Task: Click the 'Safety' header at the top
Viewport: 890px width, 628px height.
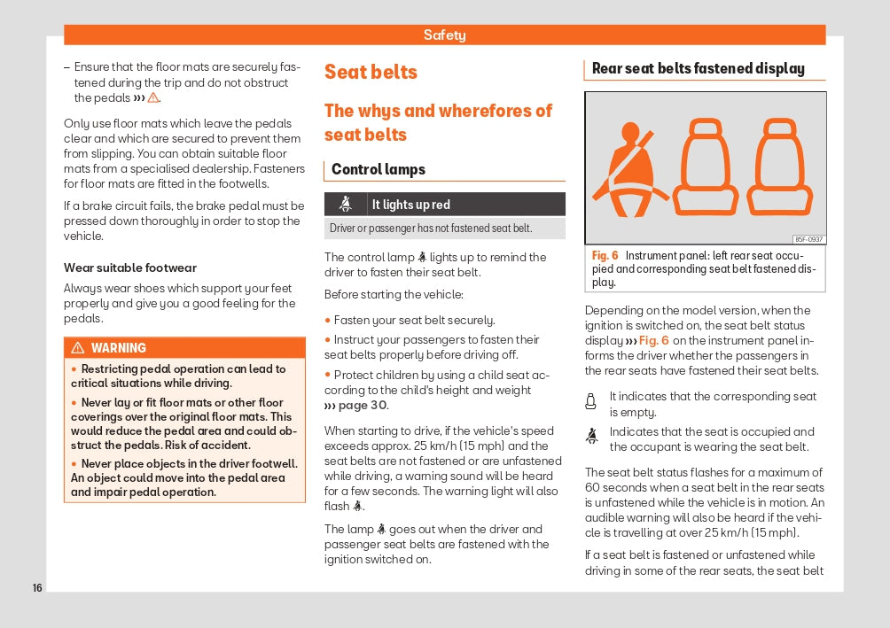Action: [444, 35]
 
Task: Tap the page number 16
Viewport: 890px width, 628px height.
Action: [37, 588]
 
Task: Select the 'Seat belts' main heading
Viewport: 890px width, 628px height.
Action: [371, 72]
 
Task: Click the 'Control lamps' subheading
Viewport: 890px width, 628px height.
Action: [379, 169]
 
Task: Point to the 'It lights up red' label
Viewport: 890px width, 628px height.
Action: [411, 205]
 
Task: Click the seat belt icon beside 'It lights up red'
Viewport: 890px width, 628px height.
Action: [346, 205]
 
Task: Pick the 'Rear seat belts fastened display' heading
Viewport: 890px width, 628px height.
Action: [699, 68]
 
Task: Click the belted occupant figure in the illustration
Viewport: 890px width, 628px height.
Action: [630, 170]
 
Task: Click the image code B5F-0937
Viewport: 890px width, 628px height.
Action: [808, 239]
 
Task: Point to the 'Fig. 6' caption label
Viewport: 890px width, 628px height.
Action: [605, 256]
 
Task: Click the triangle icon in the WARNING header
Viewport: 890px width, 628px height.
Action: [78, 348]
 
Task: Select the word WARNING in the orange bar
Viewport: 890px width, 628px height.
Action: [119, 348]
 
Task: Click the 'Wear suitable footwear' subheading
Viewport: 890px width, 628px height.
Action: [130, 267]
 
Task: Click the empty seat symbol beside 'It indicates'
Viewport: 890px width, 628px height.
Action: [591, 402]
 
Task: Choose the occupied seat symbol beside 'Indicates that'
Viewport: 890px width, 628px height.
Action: [591, 436]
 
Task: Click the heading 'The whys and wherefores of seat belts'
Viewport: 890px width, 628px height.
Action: [438, 122]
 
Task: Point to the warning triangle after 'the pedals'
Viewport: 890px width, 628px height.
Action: [153, 98]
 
